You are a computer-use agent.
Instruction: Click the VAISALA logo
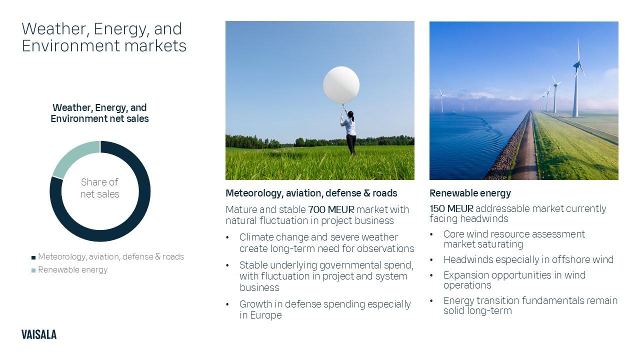[x=39, y=335]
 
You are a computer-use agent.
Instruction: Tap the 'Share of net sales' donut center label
[x=100, y=188]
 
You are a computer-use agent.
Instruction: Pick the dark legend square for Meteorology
[x=33, y=257]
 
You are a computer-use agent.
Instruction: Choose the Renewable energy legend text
[x=73, y=270]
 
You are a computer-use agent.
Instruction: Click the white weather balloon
[x=341, y=85]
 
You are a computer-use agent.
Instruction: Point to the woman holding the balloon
[x=350, y=132]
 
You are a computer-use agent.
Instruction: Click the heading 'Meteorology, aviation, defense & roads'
[x=311, y=193]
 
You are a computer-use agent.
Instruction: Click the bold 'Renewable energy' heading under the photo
[x=470, y=193]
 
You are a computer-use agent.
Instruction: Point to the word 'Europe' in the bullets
[x=266, y=315]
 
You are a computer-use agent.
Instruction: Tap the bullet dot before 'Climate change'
[x=228, y=237]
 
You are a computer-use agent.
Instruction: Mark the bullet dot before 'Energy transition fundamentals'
[x=432, y=301]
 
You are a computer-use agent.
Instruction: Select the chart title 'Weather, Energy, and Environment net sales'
[x=99, y=113]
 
